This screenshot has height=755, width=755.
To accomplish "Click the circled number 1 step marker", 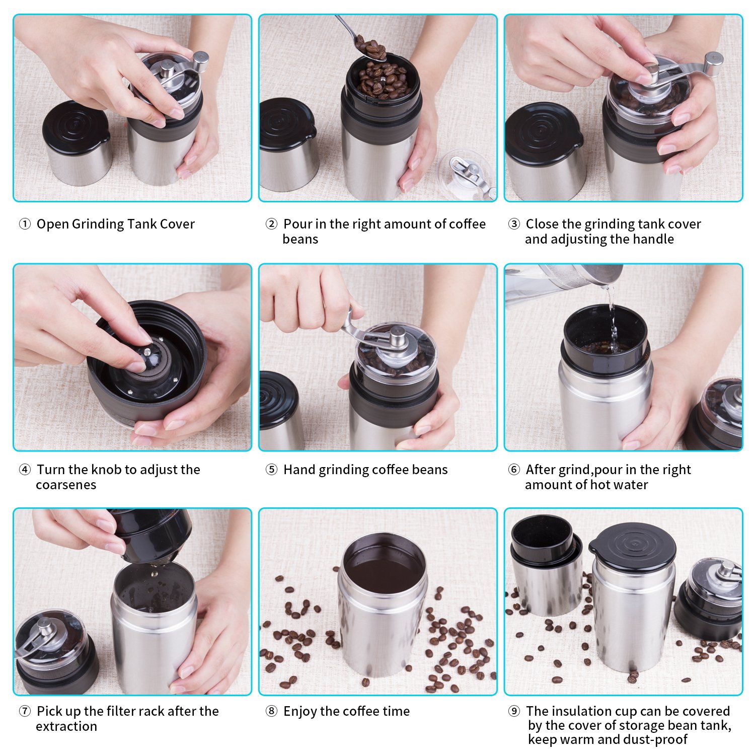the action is point(25,224).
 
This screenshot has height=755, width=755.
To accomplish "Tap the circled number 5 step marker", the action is point(271,470).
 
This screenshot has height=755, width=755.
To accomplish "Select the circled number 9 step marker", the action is point(514,711).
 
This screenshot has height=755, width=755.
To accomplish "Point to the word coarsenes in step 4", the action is point(66,485).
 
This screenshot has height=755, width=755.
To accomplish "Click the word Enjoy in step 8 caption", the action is point(300,712).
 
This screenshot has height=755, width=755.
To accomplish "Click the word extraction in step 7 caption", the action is point(66,726).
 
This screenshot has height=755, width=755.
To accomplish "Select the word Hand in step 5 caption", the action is point(299,470).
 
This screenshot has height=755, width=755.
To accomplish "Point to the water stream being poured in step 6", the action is point(612,317).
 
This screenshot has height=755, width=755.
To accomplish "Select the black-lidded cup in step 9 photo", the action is point(632,596).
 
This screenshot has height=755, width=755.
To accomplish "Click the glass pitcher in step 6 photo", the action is point(561,282).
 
